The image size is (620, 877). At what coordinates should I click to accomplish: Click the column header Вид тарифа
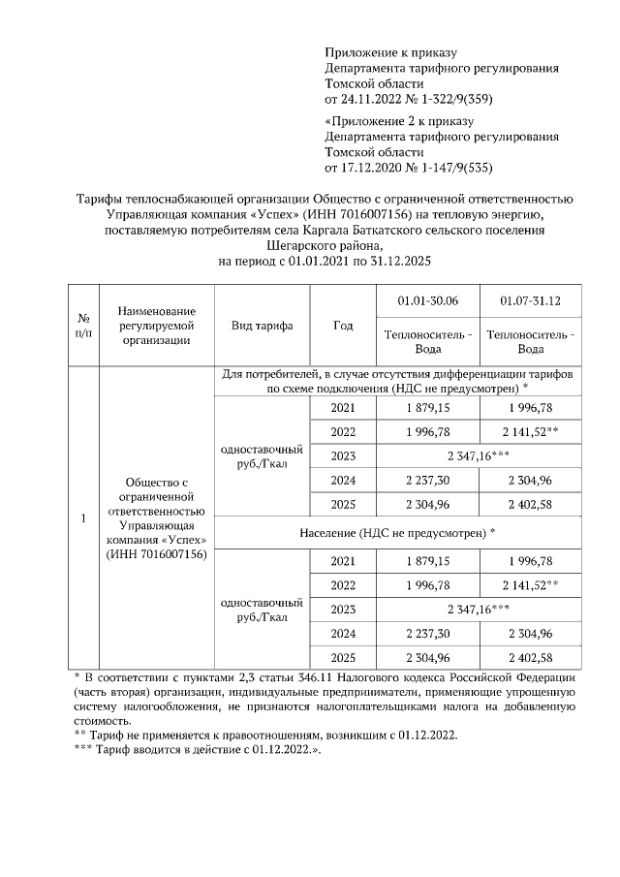coord(262,326)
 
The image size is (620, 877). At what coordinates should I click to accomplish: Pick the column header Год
coord(342,326)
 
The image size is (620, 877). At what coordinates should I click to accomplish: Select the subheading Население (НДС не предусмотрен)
coord(396,532)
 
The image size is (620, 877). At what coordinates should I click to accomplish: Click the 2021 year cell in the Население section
coord(342,561)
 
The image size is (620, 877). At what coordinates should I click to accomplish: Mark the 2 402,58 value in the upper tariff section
coord(530,504)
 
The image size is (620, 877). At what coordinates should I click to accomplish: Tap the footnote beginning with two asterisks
coord(265,736)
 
